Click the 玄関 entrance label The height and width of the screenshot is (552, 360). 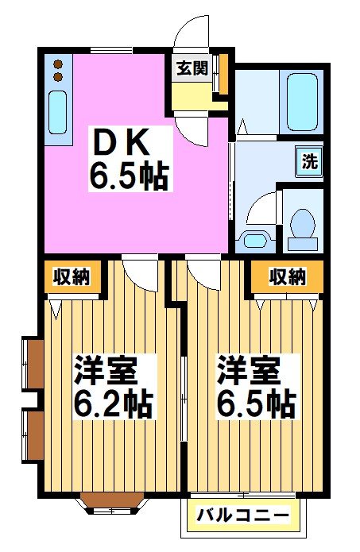tap(192, 68)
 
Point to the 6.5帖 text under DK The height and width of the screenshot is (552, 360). tap(128, 176)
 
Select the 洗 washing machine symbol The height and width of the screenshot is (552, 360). tap(310, 162)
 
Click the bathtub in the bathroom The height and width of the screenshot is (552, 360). tap(301, 102)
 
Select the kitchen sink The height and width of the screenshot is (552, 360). tap(57, 113)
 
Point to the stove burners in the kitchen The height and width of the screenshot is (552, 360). tap(57, 70)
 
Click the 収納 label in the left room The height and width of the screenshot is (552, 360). tap(72, 277)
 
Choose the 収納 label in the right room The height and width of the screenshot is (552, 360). tap(287, 277)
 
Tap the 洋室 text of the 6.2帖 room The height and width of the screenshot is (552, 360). tap(106, 371)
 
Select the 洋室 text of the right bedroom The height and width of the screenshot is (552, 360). tap(249, 371)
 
